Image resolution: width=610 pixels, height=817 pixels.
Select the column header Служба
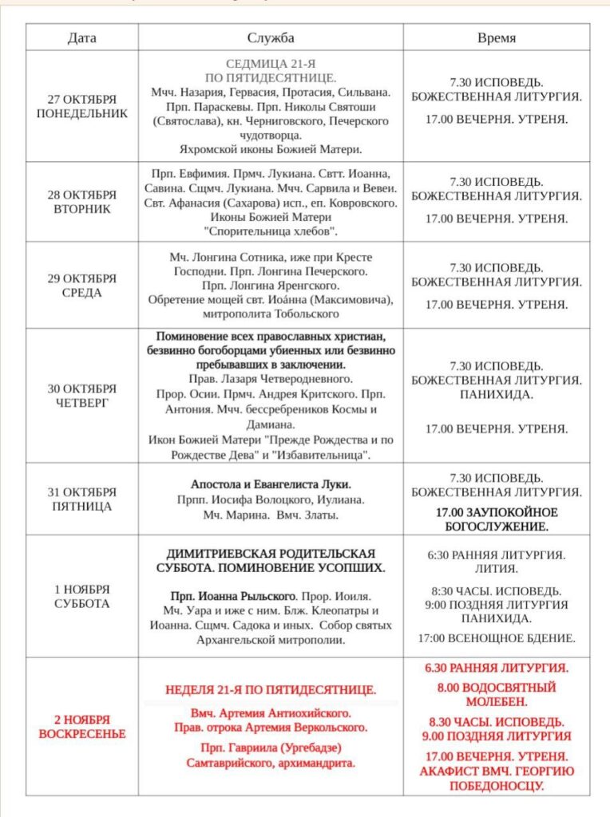coord(271,37)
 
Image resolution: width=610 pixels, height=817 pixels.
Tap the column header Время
coord(496,37)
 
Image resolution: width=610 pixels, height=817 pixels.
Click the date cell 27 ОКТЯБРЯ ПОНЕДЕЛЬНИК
coord(81,106)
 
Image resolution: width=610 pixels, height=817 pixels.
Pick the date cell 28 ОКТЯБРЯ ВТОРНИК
coord(81,202)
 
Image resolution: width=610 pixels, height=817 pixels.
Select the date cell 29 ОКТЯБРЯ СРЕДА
coord(81,285)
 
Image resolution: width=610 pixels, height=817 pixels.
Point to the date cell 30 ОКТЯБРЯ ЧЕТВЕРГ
coord(81,395)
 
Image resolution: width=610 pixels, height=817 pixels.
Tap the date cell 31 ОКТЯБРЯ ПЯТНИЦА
coord(81,499)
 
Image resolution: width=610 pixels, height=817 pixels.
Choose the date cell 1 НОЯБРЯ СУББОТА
coord(81,596)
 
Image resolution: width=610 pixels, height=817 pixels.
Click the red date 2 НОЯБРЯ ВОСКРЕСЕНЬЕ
coord(81,726)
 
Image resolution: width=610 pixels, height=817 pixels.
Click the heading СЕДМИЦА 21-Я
coord(271,64)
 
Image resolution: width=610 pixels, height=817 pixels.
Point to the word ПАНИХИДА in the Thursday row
coord(496,394)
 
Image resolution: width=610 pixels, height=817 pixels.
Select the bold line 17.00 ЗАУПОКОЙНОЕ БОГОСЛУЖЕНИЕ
coord(496,519)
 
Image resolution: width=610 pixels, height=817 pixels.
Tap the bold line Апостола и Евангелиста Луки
coord(271,483)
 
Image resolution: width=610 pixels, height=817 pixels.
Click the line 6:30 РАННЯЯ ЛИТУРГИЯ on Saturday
coord(496,555)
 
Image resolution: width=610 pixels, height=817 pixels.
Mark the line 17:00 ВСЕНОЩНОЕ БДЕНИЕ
coord(496,638)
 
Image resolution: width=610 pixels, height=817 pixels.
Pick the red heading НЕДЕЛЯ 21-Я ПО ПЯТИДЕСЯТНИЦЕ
coord(271,689)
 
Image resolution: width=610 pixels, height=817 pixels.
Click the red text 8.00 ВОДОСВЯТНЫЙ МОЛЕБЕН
coord(496,694)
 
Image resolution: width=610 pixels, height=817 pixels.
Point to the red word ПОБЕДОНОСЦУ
coord(496,786)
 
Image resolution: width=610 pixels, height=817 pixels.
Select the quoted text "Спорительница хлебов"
coord(271,231)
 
